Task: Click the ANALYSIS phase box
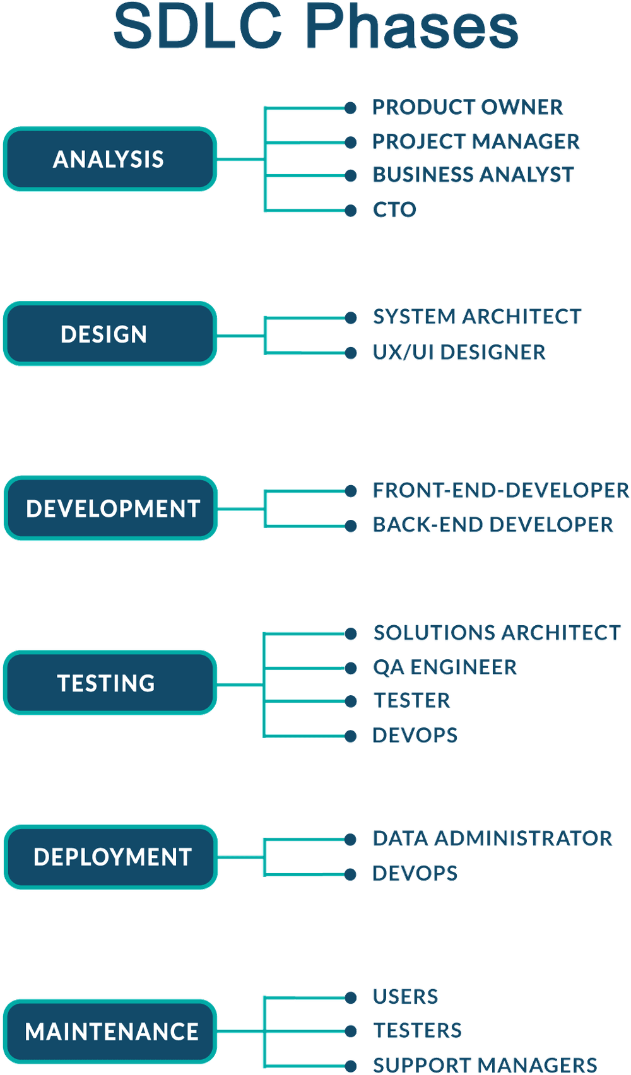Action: [110, 159]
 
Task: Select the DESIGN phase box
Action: [110, 334]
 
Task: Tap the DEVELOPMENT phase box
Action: [111, 508]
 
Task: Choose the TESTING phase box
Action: [110, 683]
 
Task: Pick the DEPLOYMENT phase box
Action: [111, 857]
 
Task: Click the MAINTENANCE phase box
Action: [111, 1031]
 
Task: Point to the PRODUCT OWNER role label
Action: [468, 108]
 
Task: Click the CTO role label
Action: [394, 209]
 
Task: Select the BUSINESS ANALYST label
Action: [473, 175]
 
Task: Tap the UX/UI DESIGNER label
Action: [459, 352]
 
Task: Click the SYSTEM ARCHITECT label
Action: [476, 317]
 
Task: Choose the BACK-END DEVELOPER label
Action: [493, 524]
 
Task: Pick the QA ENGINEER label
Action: [445, 667]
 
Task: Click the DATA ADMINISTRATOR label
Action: [492, 838]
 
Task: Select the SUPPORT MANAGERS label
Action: [485, 1065]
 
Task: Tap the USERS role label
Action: [405, 997]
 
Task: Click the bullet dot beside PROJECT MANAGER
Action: [351, 143]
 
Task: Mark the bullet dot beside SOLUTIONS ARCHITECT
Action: [351, 634]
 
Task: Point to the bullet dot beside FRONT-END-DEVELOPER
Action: [351, 491]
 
